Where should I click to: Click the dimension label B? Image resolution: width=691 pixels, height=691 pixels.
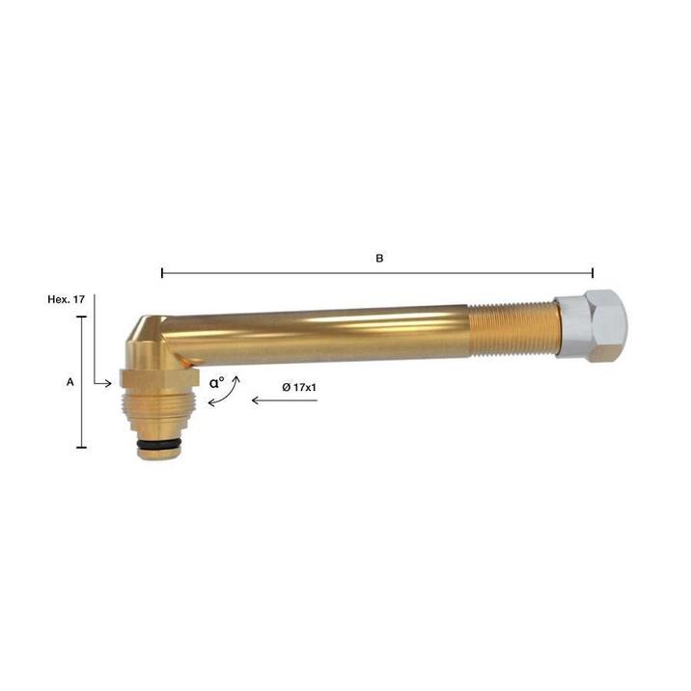pos(379,259)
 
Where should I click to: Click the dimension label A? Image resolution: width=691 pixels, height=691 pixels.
pos(70,382)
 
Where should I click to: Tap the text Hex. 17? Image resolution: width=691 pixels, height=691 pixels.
pos(66,300)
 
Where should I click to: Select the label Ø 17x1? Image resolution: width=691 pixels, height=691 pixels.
pos(299,387)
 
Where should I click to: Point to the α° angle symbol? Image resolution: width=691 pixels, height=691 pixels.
pos(216,382)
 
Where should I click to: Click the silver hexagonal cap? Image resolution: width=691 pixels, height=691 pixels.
pos(592,324)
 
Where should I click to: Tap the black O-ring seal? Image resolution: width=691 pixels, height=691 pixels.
pos(158,443)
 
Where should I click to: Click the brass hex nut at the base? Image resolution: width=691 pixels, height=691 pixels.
pos(159,378)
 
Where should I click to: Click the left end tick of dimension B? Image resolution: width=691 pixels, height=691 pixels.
pos(162,273)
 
